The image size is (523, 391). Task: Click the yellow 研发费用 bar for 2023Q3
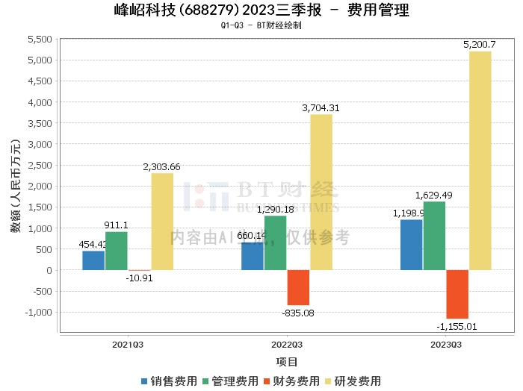click(480, 160)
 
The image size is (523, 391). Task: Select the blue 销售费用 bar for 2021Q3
click(93, 260)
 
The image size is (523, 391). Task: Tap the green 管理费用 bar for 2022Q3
click(275, 243)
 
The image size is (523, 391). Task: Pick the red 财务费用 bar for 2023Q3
click(457, 294)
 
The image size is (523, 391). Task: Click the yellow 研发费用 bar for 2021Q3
click(162, 222)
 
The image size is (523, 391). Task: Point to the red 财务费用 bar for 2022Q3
click(298, 287)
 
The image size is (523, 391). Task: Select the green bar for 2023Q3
click(434, 236)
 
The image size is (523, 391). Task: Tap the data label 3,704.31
click(321, 108)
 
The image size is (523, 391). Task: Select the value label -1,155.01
click(457, 326)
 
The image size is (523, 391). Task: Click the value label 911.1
click(116, 225)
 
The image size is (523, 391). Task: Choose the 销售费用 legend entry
click(169, 381)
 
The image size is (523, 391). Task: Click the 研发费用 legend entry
click(352, 381)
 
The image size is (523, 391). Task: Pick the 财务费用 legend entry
click(291, 381)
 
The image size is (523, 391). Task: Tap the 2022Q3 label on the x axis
click(287, 345)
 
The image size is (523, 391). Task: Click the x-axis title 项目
click(287, 362)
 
